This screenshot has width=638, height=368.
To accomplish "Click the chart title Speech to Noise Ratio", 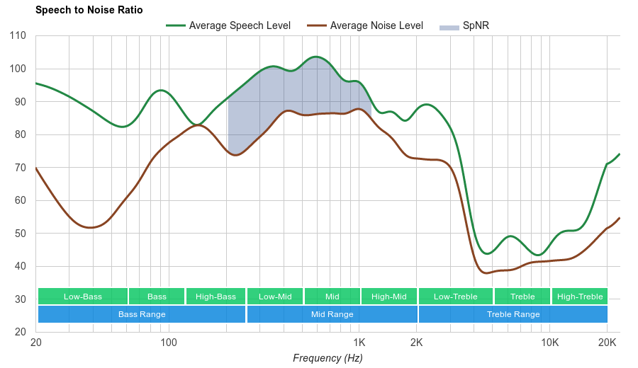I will click(89, 10).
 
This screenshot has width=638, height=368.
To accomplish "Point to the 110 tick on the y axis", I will click(18, 36).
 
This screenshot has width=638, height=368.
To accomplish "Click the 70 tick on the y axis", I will click(21, 168).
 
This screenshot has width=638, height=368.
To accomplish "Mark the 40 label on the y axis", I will click(21, 267).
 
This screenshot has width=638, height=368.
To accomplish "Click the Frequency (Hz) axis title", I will click(328, 358).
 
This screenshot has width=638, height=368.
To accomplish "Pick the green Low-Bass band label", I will click(83, 297).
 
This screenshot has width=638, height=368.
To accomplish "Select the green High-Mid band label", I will click(389, 297).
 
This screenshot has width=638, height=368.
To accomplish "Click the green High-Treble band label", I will click(580, 297).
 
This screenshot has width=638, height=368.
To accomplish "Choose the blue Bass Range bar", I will click(142, 314).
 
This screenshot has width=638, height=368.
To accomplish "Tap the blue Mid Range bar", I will click(332, 314).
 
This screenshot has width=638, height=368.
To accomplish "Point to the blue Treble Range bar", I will click(513, 314).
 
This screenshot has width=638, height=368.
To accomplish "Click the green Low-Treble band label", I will click(456, 297).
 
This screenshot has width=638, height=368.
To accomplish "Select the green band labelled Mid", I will click(332, 297).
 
